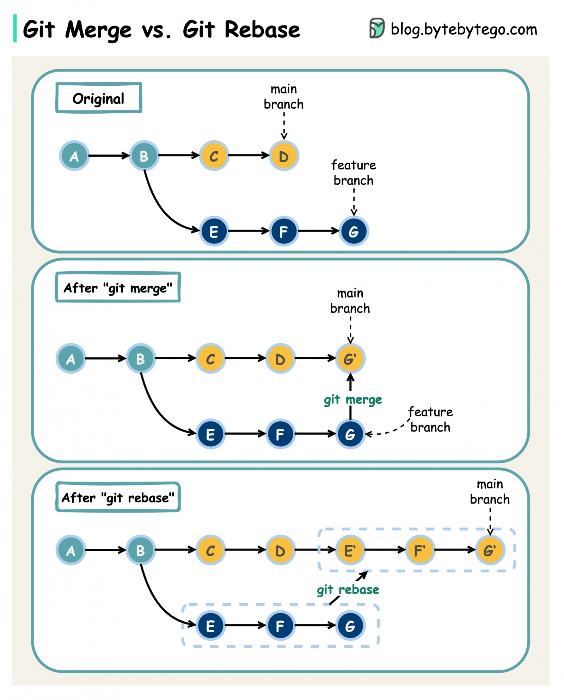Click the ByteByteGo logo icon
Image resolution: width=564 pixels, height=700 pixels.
[376, 28]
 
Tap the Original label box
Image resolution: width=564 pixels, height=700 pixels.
[99, 98]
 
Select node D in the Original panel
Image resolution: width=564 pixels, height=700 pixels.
[284, 156]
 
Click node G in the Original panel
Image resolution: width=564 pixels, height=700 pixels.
[354, 231]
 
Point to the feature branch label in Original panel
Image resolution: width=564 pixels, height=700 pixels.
[354, 173]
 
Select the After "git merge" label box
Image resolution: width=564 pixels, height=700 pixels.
[118, 288]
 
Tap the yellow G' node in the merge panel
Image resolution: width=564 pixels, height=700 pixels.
[350, 358]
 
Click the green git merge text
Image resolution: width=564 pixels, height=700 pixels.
[353, 400]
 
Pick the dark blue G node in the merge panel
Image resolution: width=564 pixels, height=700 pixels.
[350, 434]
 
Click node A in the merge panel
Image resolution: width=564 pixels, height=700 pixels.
[71, 358]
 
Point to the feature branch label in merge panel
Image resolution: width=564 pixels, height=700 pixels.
[430, 420]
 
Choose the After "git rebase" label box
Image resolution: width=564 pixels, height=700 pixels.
[118, 497]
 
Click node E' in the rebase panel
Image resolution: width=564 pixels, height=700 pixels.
[350, 550]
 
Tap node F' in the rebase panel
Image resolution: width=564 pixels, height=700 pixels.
[420, 550]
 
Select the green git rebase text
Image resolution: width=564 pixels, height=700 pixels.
[348, 590]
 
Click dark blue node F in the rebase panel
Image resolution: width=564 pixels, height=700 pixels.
[280, 626]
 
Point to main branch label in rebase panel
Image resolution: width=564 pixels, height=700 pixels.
[490, 491]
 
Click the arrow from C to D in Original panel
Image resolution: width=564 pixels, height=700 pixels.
[249, 155]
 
